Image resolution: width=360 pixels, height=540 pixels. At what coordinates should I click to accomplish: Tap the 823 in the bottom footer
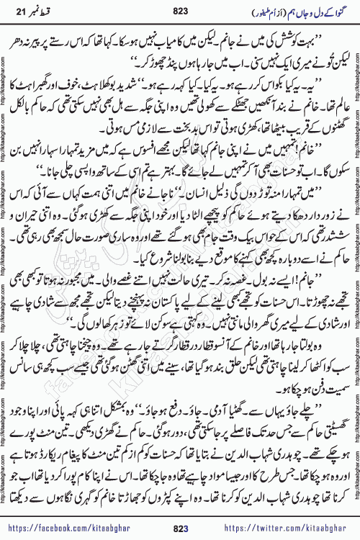point(179,519)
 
